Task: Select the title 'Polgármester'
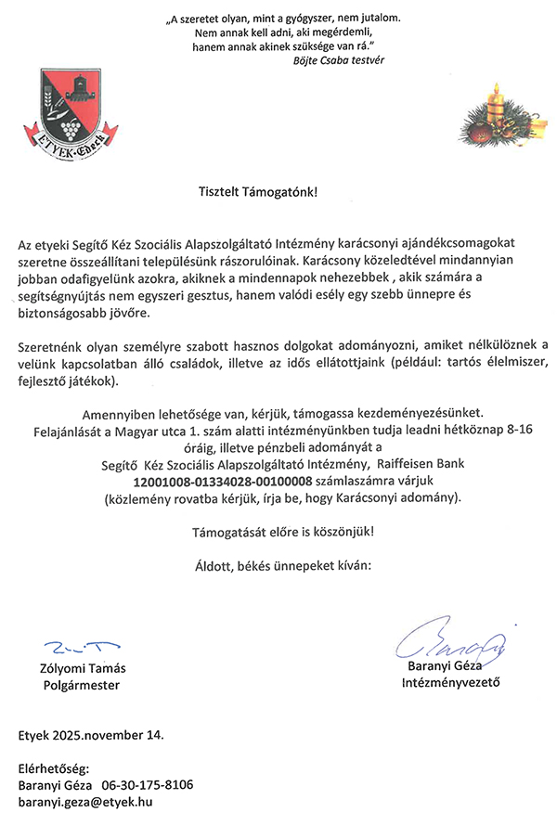coord(82,686)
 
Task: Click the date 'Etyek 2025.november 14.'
coord(91,736)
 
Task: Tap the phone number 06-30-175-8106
coord(147,785)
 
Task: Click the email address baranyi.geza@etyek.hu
coord(85,801)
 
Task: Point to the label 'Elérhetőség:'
coord(53,769)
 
